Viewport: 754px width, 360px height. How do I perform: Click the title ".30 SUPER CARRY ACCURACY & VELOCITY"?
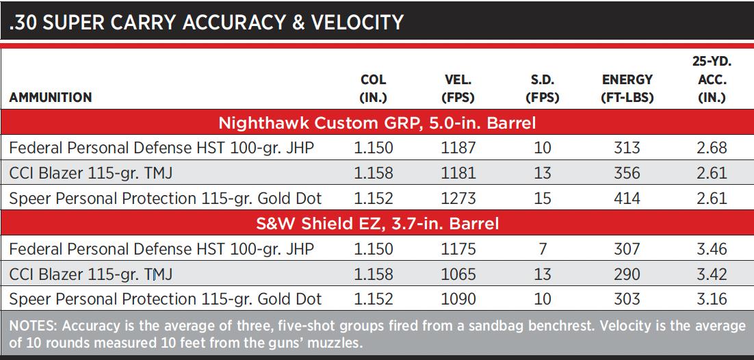206,22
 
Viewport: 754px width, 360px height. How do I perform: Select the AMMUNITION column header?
50,98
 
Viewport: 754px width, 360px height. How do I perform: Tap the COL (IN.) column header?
373,88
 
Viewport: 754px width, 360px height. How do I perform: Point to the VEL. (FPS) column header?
458,88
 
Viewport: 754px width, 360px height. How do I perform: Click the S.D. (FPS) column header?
542,88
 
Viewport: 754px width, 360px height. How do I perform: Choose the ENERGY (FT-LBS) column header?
627,88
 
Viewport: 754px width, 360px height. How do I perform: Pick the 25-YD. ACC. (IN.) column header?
712,79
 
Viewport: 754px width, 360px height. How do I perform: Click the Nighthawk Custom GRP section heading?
377,123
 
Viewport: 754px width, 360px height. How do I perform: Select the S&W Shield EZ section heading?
377,223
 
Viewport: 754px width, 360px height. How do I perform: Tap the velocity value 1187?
458,148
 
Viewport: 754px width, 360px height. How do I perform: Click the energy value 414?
627,198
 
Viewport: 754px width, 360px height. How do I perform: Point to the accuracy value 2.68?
712,148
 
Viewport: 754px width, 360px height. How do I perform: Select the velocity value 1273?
458,198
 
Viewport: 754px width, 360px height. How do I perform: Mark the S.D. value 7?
543,249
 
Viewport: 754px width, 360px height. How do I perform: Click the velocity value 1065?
458,274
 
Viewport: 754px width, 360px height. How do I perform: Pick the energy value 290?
627,274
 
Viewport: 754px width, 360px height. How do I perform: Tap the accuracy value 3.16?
712,299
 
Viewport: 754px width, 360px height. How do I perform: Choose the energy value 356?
627,172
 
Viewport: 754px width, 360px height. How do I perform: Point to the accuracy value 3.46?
712,249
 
